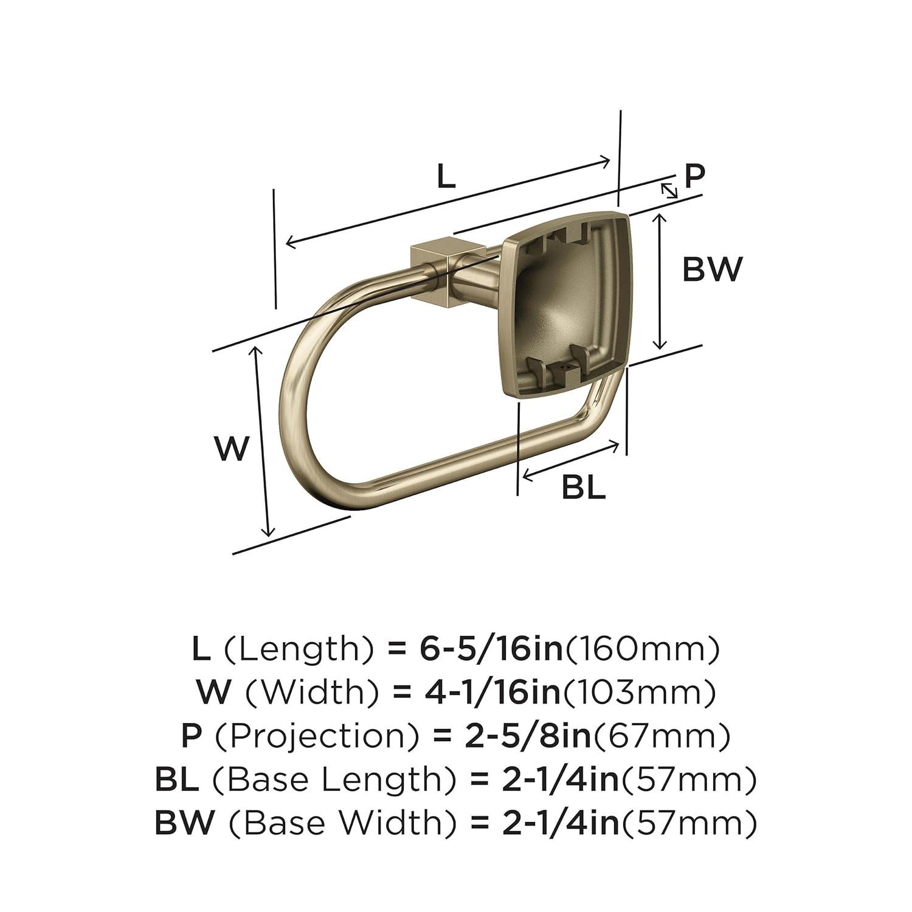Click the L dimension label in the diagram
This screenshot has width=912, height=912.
pyautogui.click(x=446, y=176)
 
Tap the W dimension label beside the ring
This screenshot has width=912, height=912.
pyautogui.click(x=232, y=449)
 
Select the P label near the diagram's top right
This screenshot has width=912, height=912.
pyautogui.click(x=694, y=176)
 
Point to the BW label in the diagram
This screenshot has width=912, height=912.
pyautogui.click(x=712, y=269)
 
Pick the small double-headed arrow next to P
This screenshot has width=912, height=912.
pyautogui.click(x=669, y=190)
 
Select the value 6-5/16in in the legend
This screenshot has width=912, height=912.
pyautogui.click(x=491, y=649)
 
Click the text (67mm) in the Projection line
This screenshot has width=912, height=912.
pyautogui.click(x=661, y=736)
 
